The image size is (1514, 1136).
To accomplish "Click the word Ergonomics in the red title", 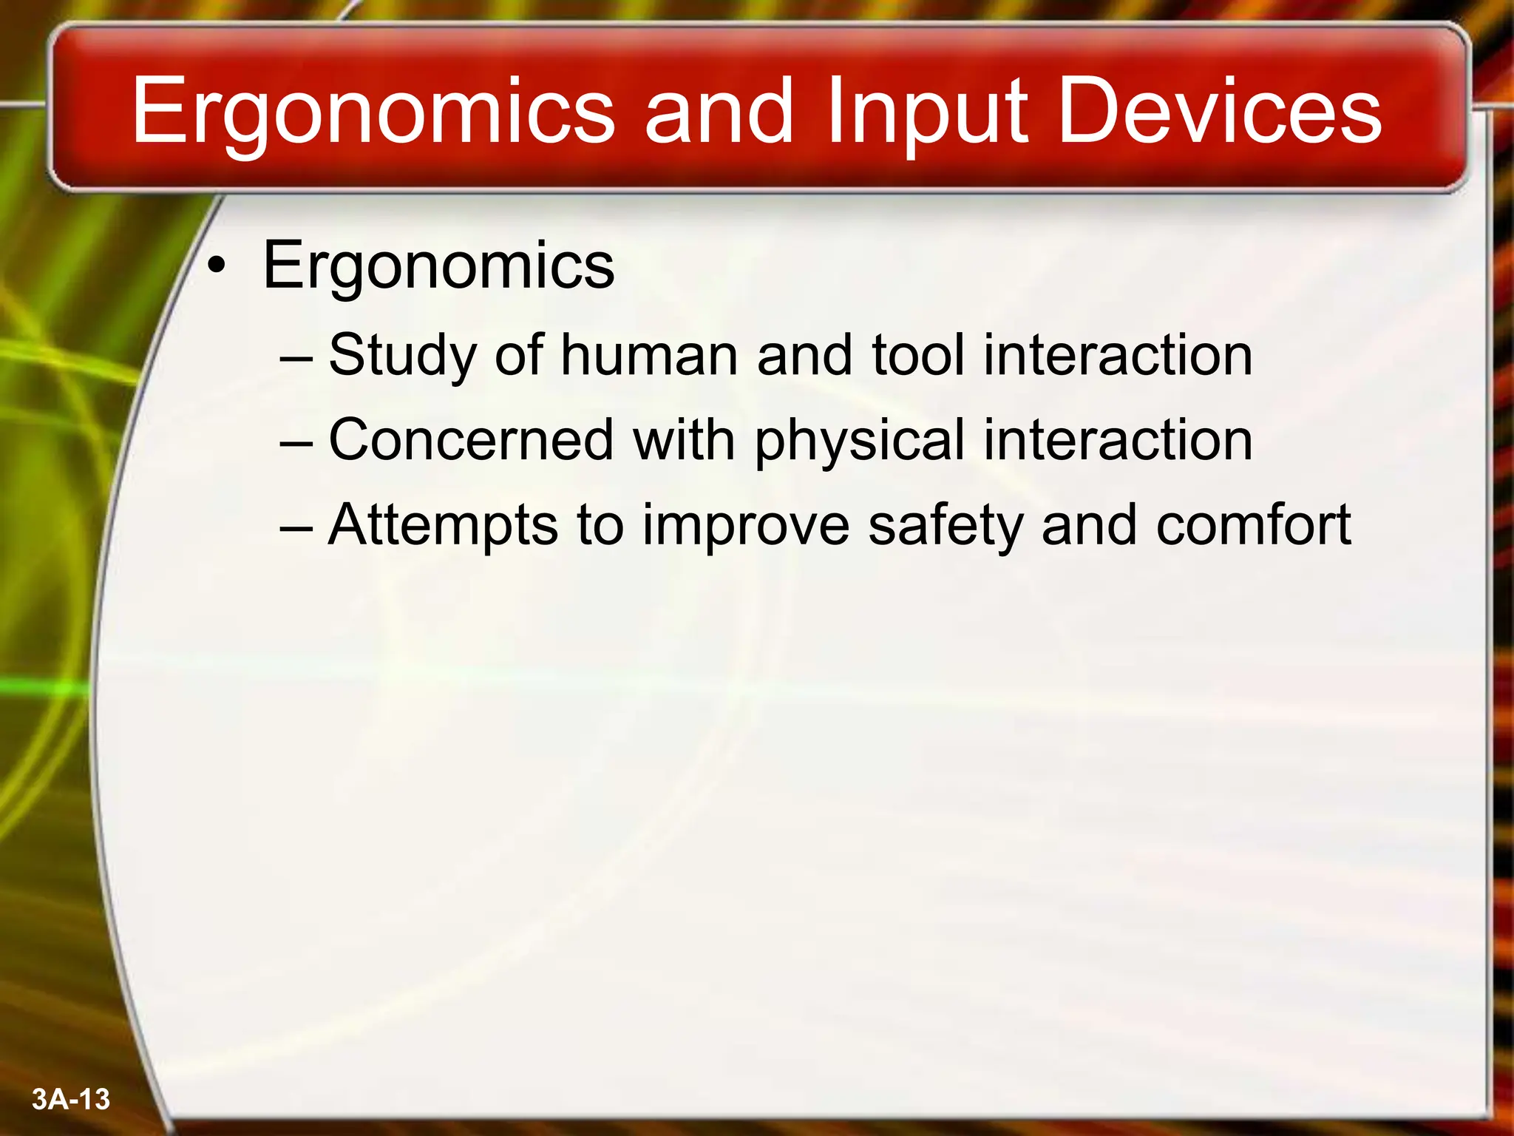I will pos(373,112).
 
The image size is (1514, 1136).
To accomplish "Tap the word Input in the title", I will pos(927,112).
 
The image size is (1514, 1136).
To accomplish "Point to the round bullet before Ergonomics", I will pos(215,268).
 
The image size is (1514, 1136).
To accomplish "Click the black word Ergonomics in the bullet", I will pos(438,266).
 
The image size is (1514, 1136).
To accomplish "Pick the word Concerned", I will pos(471,440).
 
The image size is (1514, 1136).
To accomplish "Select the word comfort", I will pos(1253,525).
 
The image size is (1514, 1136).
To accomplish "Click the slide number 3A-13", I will pos(71,1100).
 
